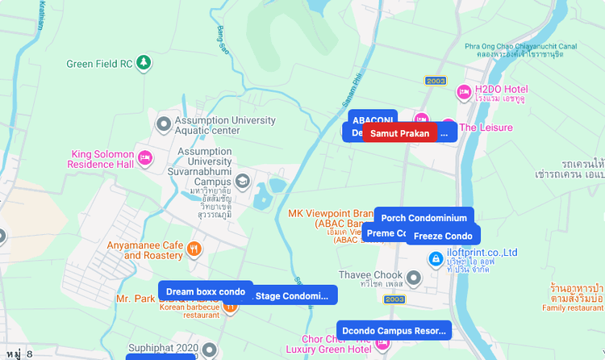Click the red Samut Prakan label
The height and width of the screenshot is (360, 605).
pos(399,133)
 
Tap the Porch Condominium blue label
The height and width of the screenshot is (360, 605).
pos(423,218)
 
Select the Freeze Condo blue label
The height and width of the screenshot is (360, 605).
pos(443,236)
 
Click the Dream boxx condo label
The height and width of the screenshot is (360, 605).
pos(205,291)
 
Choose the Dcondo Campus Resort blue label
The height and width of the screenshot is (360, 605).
pos(394,330)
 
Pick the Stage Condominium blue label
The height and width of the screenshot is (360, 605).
pos(291,296)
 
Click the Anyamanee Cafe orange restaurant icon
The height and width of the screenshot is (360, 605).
pos(193,249)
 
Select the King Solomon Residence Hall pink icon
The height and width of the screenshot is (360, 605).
pos(145,157)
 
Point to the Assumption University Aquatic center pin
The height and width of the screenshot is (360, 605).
pos(164,124)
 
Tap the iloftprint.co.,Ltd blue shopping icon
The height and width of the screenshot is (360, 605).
pos(435,259)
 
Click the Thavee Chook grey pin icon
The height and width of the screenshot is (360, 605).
pos(414,278)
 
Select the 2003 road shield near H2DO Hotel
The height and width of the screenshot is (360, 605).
pos(436,81)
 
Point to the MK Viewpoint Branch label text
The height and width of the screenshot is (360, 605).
pos(331,214)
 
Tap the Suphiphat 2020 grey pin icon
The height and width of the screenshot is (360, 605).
pos(209,349)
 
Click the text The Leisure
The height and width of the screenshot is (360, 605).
pos(486,128)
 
